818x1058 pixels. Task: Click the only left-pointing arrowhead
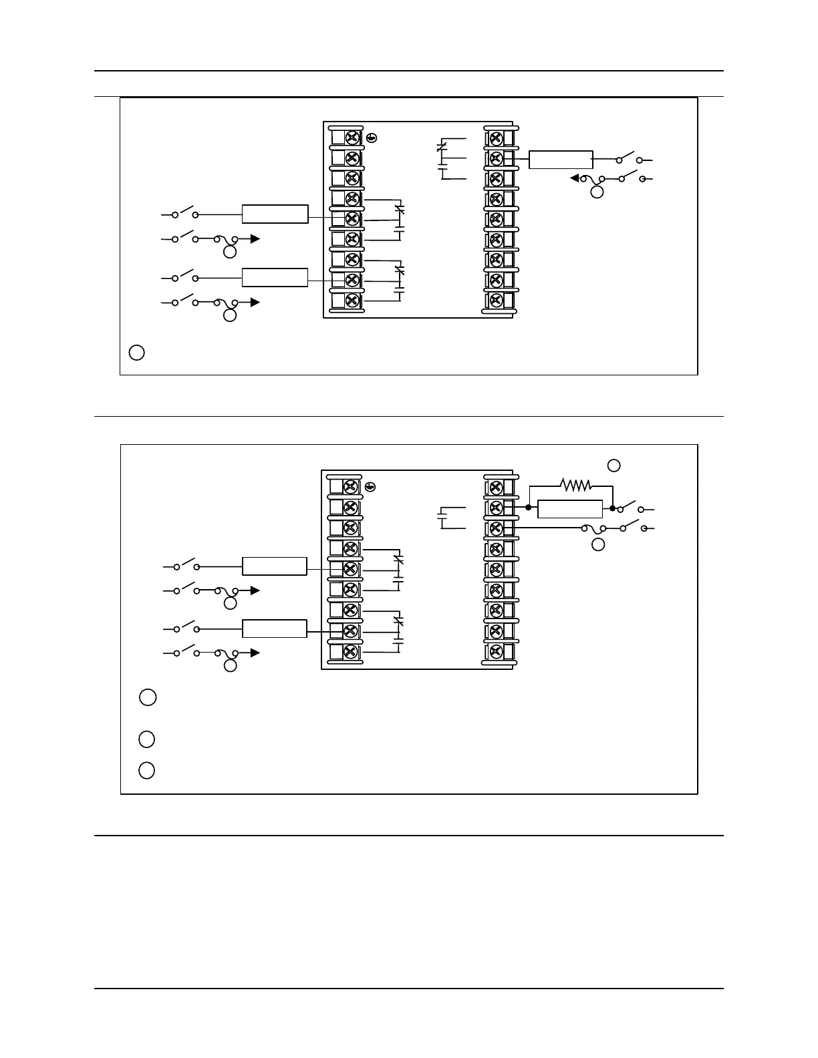pyautogui.click(x=574, y=178)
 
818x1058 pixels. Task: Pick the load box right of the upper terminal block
pyautogui.click(x=561, y=160)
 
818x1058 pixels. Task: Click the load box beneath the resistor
pyautogui.click(x=570, y=508)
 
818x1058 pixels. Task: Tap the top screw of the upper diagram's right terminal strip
pyautogui.click(x=496, y=138)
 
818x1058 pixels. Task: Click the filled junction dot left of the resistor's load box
pyautogui.click(x=528, y=508)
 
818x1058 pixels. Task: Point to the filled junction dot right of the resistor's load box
pyautogui.click(x=613, y=508)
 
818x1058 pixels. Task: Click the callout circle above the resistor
pyautogui.click(x=613, y=465)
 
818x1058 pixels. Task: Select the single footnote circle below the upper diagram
pyautogui.click(x=136, y=352)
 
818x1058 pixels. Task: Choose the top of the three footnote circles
pyautogui.click(x=148, y=697)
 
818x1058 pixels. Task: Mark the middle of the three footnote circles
pyautogui.click(x=147, y=739)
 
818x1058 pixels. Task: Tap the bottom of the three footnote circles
pyautogui.click(x=147, y=770)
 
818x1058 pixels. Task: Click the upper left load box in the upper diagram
pyautogui.click(x=275, y=214)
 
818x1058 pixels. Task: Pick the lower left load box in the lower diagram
pyautogui.click(x=274, y=629)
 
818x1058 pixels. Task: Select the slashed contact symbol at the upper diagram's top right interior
pyautogui.click(x=440, y=146)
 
